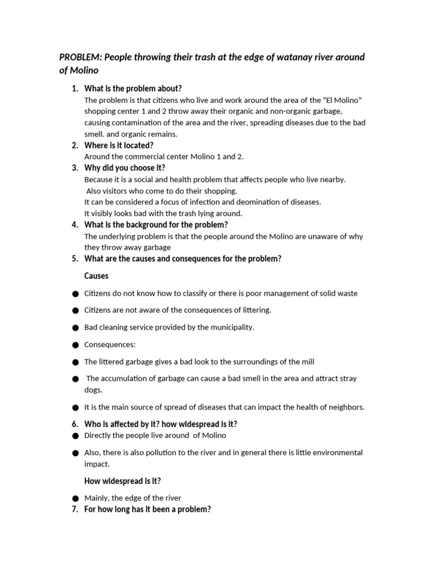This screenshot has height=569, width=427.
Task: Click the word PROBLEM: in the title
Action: pos(80,58)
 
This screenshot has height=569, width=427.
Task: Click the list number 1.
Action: pos(75,88)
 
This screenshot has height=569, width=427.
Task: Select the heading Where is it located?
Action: pos(118,145)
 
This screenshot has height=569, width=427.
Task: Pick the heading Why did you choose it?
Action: pos(125,168)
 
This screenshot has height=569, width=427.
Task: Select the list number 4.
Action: pos(75,224)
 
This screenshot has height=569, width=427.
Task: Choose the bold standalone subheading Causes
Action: pos(96,276)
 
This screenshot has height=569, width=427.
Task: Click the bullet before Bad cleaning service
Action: pos(75,328)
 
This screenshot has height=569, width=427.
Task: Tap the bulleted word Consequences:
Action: pos(110,345)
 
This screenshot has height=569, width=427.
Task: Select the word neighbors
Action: pos(346,407)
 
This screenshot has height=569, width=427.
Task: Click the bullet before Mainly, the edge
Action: pos(75,498)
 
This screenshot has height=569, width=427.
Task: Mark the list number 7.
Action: pos(75,509)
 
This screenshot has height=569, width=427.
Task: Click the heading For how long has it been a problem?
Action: pos(147,509)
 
